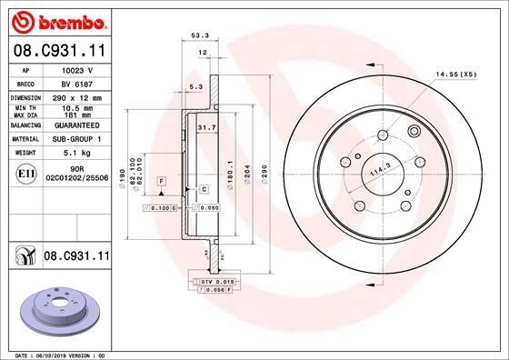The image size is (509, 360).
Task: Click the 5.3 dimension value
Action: pos(195,87)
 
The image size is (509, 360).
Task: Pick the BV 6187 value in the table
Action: pos(73,82)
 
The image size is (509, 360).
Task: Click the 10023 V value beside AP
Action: pos(73,68)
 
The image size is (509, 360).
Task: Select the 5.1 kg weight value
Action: pos(73,154)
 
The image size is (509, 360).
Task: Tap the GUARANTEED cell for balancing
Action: pos(73,125)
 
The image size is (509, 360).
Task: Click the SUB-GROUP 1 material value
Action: pos(73,139)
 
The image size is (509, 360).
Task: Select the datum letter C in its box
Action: pos(205,189)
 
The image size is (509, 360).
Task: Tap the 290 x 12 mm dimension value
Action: pos(73,96)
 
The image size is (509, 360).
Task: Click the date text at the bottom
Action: pos(61,355)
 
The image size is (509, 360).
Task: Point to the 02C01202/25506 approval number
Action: pos(73,177)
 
